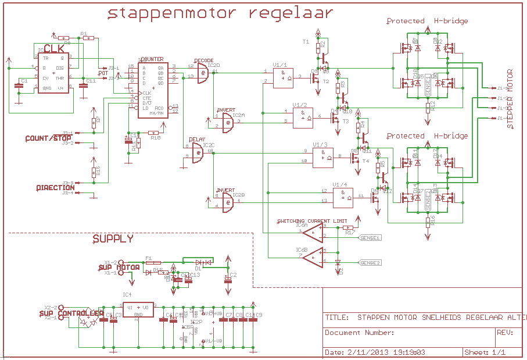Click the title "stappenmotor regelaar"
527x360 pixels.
click(x=221, y=13)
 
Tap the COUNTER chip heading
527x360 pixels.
click(x=152, y=59)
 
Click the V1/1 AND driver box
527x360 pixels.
click(x=284, y=77)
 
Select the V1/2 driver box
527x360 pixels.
click(x=303, y=119)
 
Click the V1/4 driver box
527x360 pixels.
click(x=343, y=197)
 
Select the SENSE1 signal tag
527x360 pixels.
click(x=370, y=238)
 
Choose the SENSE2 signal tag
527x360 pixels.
click(x=370, y=263)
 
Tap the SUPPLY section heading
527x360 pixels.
click(x=113, y=239)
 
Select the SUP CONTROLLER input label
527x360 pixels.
click(x=71, y=314)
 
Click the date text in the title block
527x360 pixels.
click(x=375, y=352)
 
